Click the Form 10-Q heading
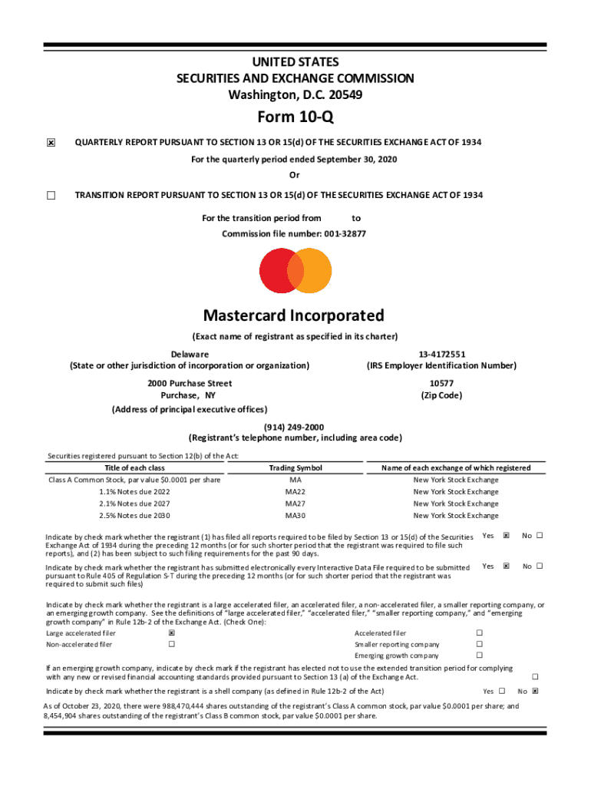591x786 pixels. (x=295, y=117)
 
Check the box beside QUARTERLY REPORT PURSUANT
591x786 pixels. (x=51, y=143)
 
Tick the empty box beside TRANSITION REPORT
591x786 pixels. (x=51, y=195)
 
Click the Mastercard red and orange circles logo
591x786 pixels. (x=295, y=270)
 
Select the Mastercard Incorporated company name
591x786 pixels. (x=294, y=315)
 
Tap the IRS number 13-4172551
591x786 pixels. (x=441, y=354)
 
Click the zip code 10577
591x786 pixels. (x=441, y=383)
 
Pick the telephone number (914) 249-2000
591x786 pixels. (x=295, y=427)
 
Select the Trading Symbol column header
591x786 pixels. (x=295, y=467)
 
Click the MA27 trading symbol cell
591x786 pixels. (x=295, y=504)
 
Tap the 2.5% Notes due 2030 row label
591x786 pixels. (x=134, y=516)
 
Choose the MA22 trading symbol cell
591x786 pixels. (x=295, y=492)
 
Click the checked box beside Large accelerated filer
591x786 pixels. (x=172, y=633)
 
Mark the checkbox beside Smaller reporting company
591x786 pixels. (x=479, y=644)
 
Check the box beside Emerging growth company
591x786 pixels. (x=479, y=656)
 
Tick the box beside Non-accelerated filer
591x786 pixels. (x=172, y=644)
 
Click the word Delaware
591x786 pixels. (x=190, y=354)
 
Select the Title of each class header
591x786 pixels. (x=134, y=467)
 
